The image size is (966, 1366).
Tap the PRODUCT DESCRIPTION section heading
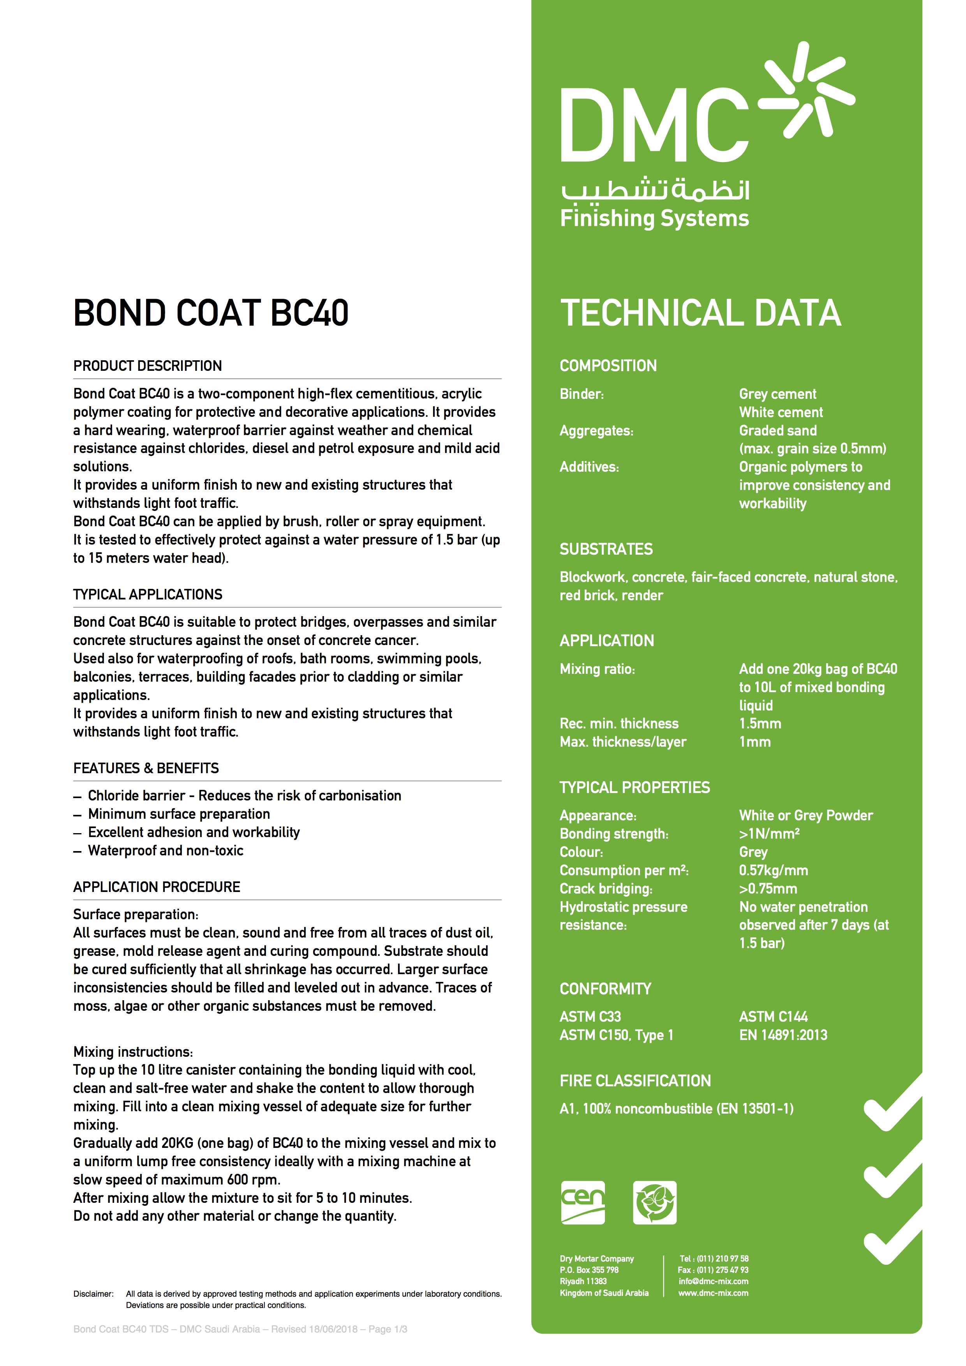148,365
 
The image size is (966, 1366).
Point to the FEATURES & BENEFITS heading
146,768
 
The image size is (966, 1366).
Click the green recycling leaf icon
654,1202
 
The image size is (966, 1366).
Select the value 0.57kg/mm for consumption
773,871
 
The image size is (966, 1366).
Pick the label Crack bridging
606,889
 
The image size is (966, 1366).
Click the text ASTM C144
773,1017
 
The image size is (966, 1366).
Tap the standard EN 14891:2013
783,1035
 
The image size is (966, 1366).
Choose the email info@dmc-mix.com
713,1281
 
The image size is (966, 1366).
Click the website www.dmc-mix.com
713,1293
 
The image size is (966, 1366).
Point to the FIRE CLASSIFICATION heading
635,1080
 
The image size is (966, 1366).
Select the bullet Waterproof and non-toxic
166,851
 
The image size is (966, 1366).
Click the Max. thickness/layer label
623,742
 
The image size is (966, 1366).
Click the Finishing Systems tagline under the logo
654,219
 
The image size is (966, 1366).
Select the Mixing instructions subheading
133,1052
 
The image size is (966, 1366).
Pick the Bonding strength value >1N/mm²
769,834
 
